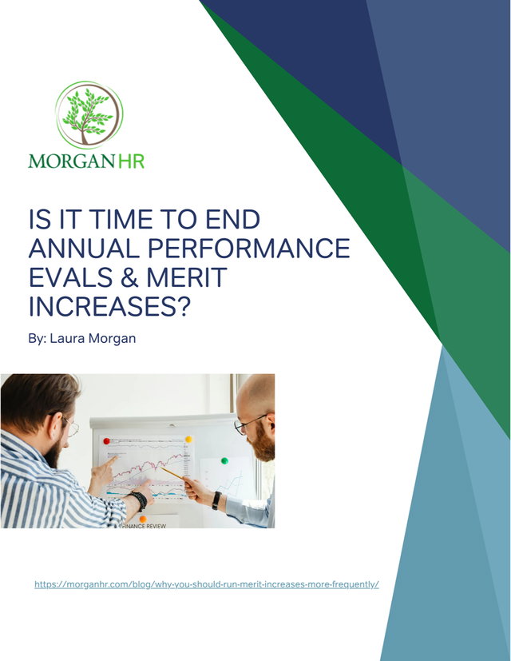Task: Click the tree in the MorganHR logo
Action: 87,116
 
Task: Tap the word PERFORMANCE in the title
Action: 248,248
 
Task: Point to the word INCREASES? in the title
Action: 109,306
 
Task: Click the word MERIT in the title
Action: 187,277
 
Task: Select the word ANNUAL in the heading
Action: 83,248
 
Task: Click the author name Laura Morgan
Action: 93,339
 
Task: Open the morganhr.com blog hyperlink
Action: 207,584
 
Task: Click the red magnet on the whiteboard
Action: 106,441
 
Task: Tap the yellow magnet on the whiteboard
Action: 188,440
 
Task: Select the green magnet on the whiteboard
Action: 224,460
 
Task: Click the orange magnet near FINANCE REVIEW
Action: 143,519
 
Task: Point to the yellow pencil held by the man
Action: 172,473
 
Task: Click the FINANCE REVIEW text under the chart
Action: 144,526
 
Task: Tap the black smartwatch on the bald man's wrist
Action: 216,500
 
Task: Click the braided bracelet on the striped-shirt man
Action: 139,500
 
